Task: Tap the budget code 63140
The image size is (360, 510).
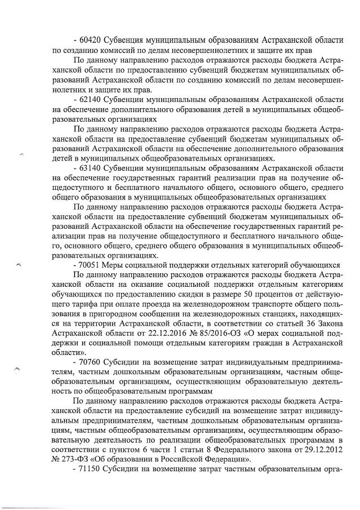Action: click(x=93, y=169)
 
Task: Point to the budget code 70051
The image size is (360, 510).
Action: click(x=93, y=264)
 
